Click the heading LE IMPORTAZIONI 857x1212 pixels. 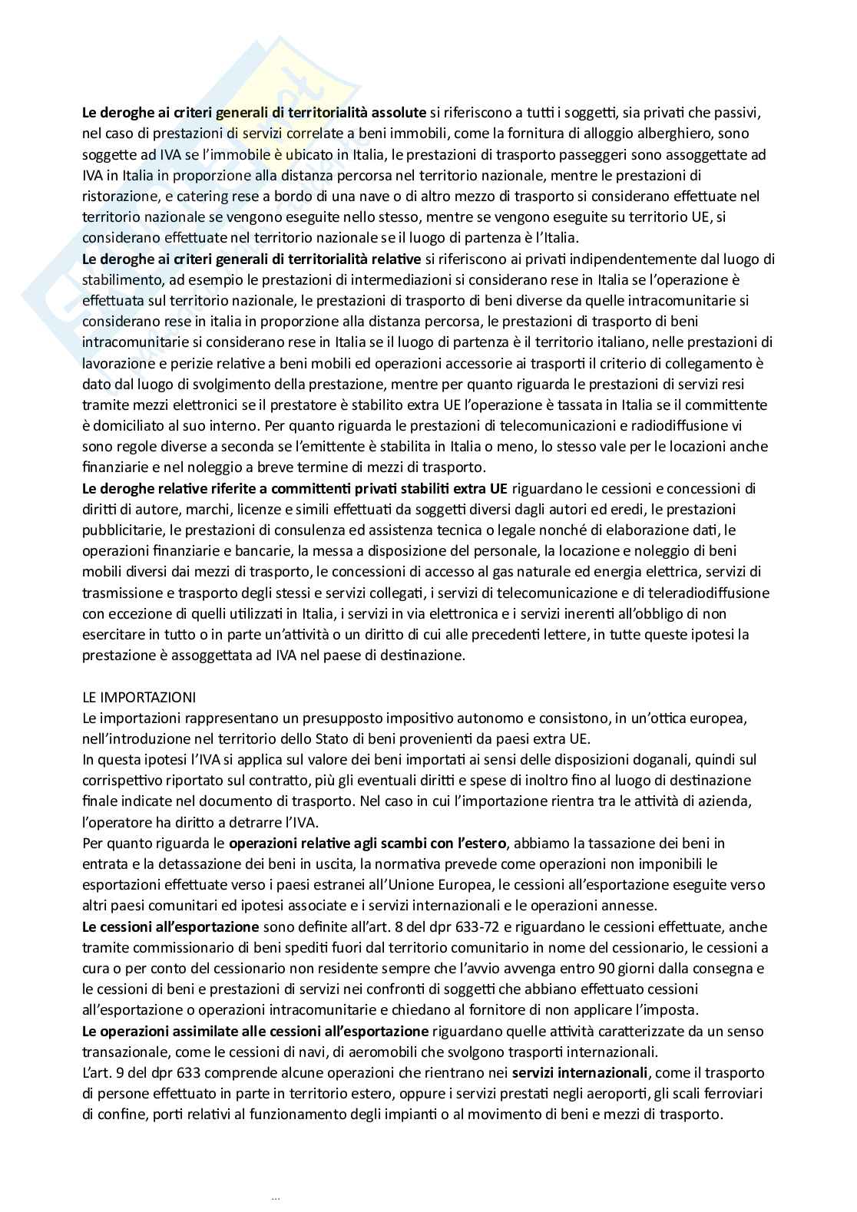click(139, 698)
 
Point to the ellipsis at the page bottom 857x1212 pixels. click(276, 1197)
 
